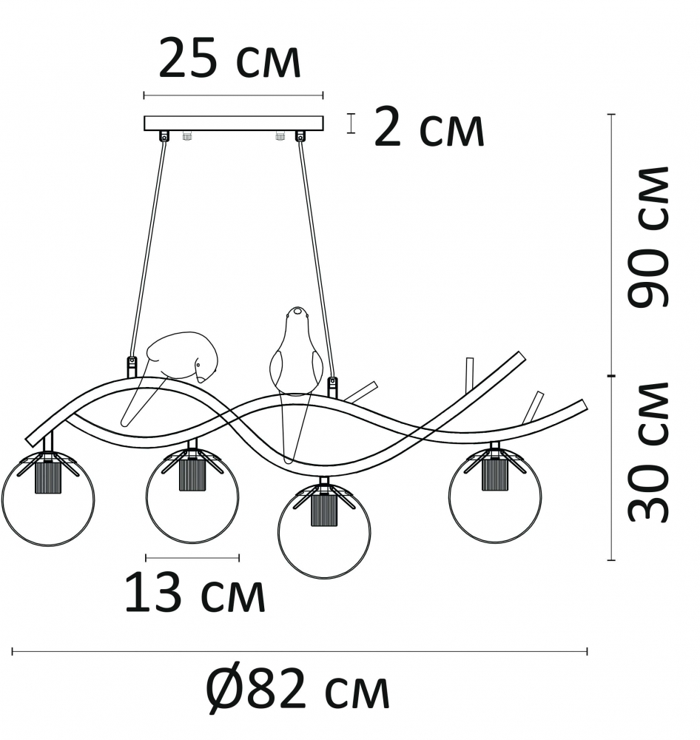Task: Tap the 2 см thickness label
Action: [429, 126]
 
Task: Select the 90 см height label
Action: [649, 237]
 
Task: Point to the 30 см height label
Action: [649, 451]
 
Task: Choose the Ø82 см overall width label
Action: [298, 690]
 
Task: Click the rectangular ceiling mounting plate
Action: [234, 123]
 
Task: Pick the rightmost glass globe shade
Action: [495, 497]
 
